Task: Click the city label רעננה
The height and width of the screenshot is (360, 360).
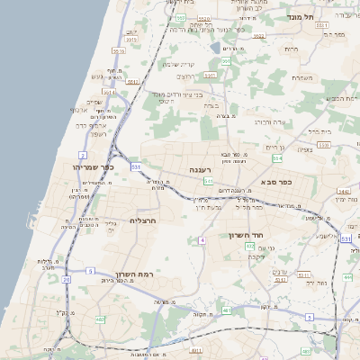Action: coord(199,168)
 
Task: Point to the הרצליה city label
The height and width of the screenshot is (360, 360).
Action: coord(144,220)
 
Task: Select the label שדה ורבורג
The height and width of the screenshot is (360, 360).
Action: coord(269,121)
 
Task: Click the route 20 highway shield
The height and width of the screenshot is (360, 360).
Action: coord(67,280)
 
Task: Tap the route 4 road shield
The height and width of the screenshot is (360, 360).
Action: coord(203,240)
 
